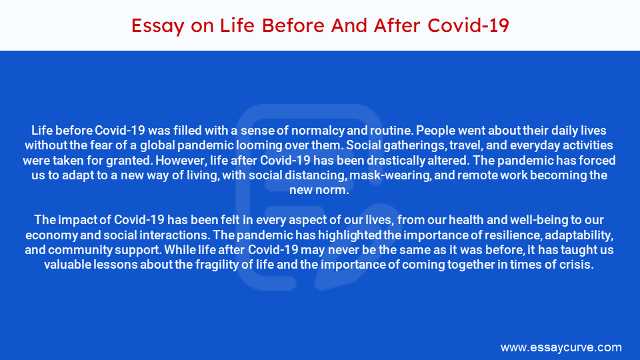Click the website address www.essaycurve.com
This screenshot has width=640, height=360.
click(561, 347)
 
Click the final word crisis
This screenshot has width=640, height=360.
click(577, 265)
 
